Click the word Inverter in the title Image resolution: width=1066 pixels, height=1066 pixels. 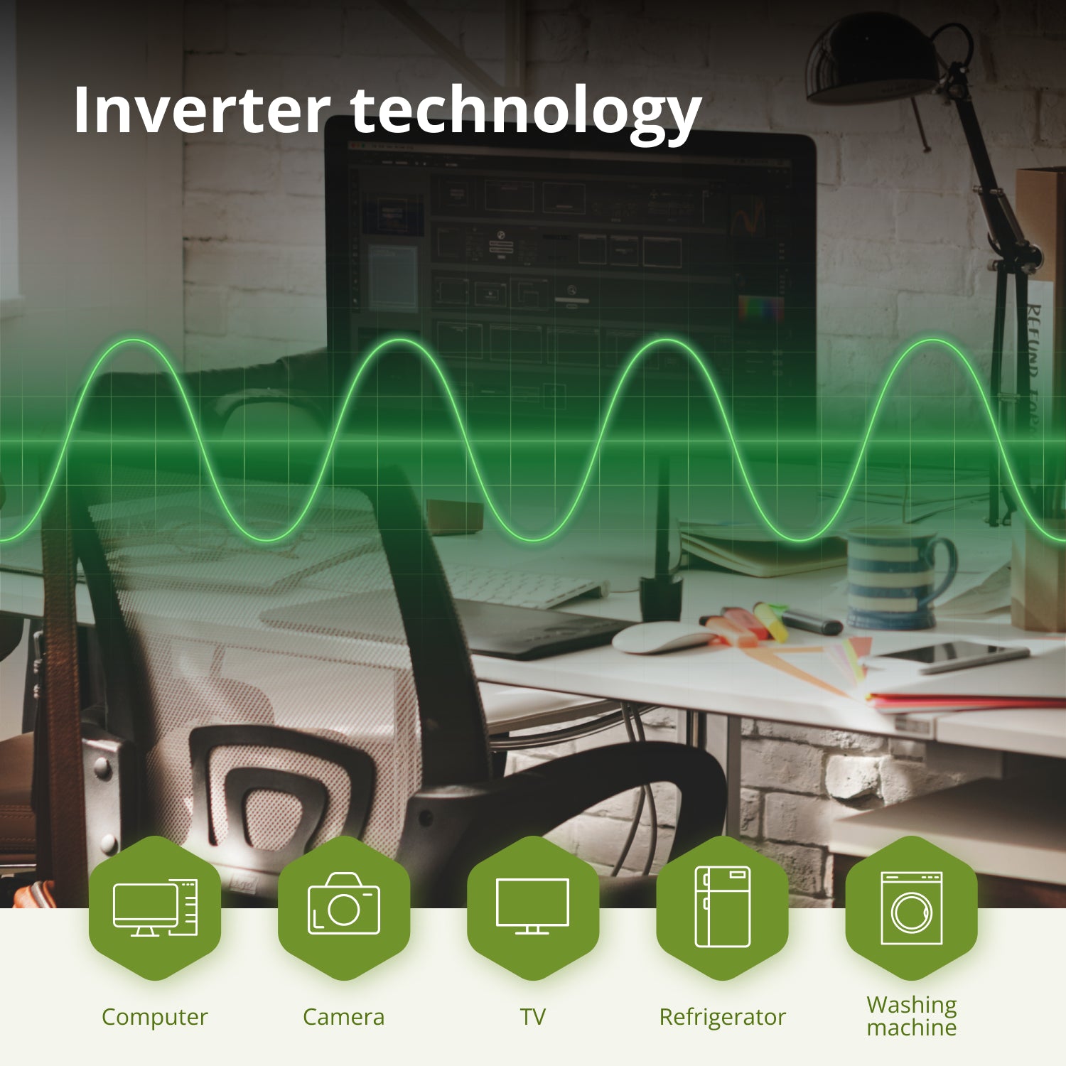[201, 110]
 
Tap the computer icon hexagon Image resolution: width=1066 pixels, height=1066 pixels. [155, 908]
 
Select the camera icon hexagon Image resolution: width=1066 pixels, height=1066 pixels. [344, 908]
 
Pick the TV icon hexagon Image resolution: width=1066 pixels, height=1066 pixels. [533, 908]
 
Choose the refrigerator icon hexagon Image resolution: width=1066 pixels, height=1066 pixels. [722, 908]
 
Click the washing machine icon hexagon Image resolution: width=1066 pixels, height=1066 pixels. [911, 908]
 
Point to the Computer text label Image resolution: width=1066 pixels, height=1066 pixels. [155, 1017]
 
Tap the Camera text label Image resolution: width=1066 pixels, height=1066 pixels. [344, 1017]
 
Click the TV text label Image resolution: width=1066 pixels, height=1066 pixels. [533, 1017]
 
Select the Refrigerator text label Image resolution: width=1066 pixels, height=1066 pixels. [722, 1017]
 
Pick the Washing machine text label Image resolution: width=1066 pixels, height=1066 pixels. [911, 1016]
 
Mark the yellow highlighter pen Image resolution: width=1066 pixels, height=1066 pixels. [771, 620]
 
